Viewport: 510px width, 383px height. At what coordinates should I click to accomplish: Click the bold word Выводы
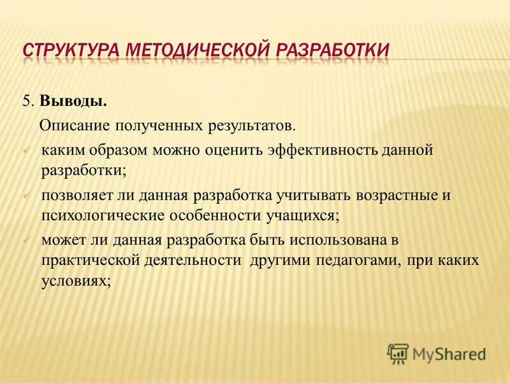(x=73, y=101)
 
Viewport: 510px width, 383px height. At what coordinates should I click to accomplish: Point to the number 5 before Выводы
(x=27, y=101)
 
